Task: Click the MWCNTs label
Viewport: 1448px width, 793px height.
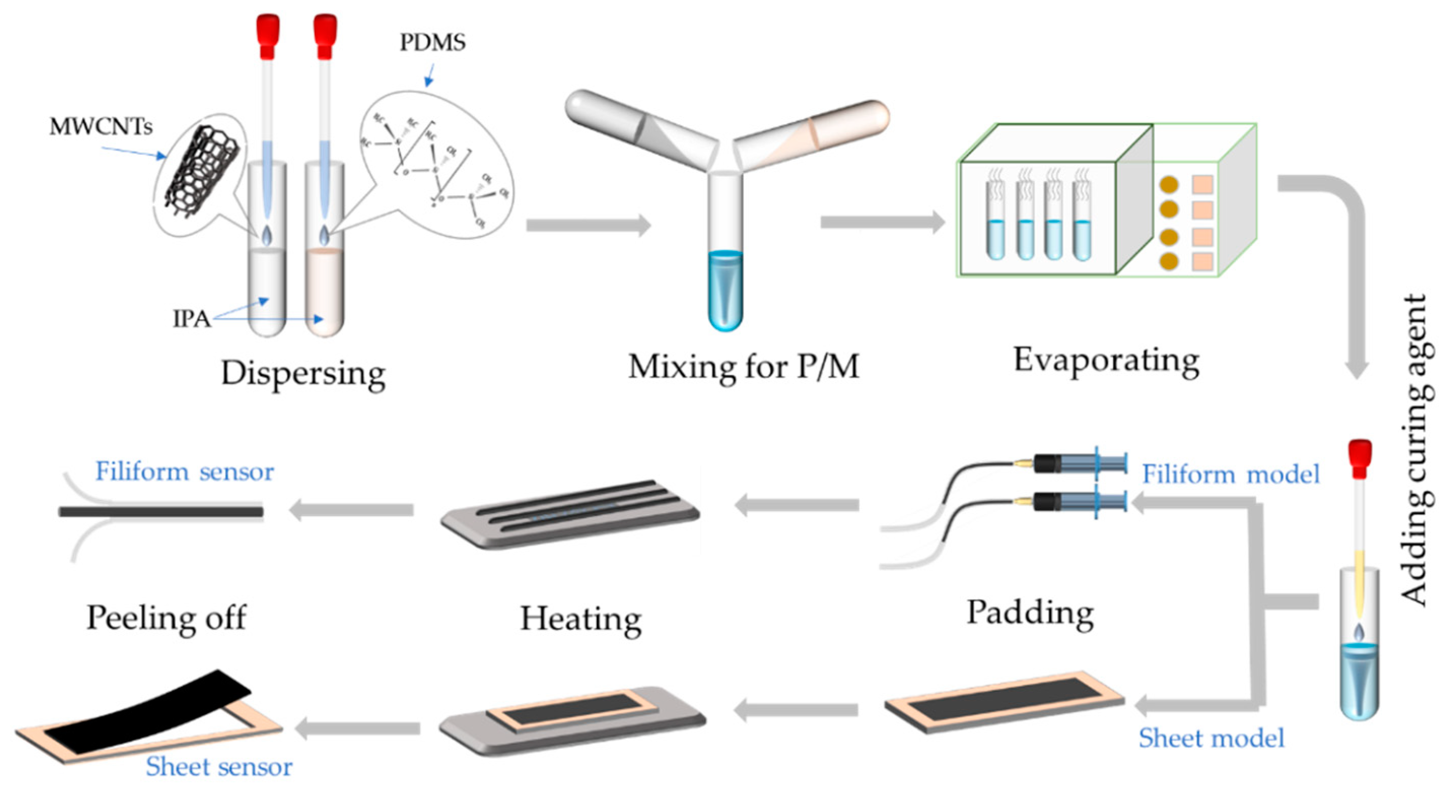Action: [x=100, y=126]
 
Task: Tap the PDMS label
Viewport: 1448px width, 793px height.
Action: [x=432, y=43]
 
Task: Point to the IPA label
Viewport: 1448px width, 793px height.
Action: [x=191, y=318]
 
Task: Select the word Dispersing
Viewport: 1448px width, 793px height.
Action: [x=303, y=373]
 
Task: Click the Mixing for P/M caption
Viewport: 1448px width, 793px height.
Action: [x=743, y=367]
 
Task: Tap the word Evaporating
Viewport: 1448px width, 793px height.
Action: [x=1106, y=361]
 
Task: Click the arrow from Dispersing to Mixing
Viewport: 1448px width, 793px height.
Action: [x=587, y=225]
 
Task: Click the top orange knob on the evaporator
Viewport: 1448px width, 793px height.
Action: [x=1169, y=185]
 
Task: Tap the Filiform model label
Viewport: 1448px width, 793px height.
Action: [x=1230, y=474]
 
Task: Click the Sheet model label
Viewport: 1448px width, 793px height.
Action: [x=1211, y=738]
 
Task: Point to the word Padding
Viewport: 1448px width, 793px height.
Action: [x=1030, y=612]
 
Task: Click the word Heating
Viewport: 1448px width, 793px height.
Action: [x=580, y=619]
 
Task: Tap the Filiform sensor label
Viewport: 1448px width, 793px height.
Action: [x=185, y=471]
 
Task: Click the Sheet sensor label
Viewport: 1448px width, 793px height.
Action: [x=219, y=767]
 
